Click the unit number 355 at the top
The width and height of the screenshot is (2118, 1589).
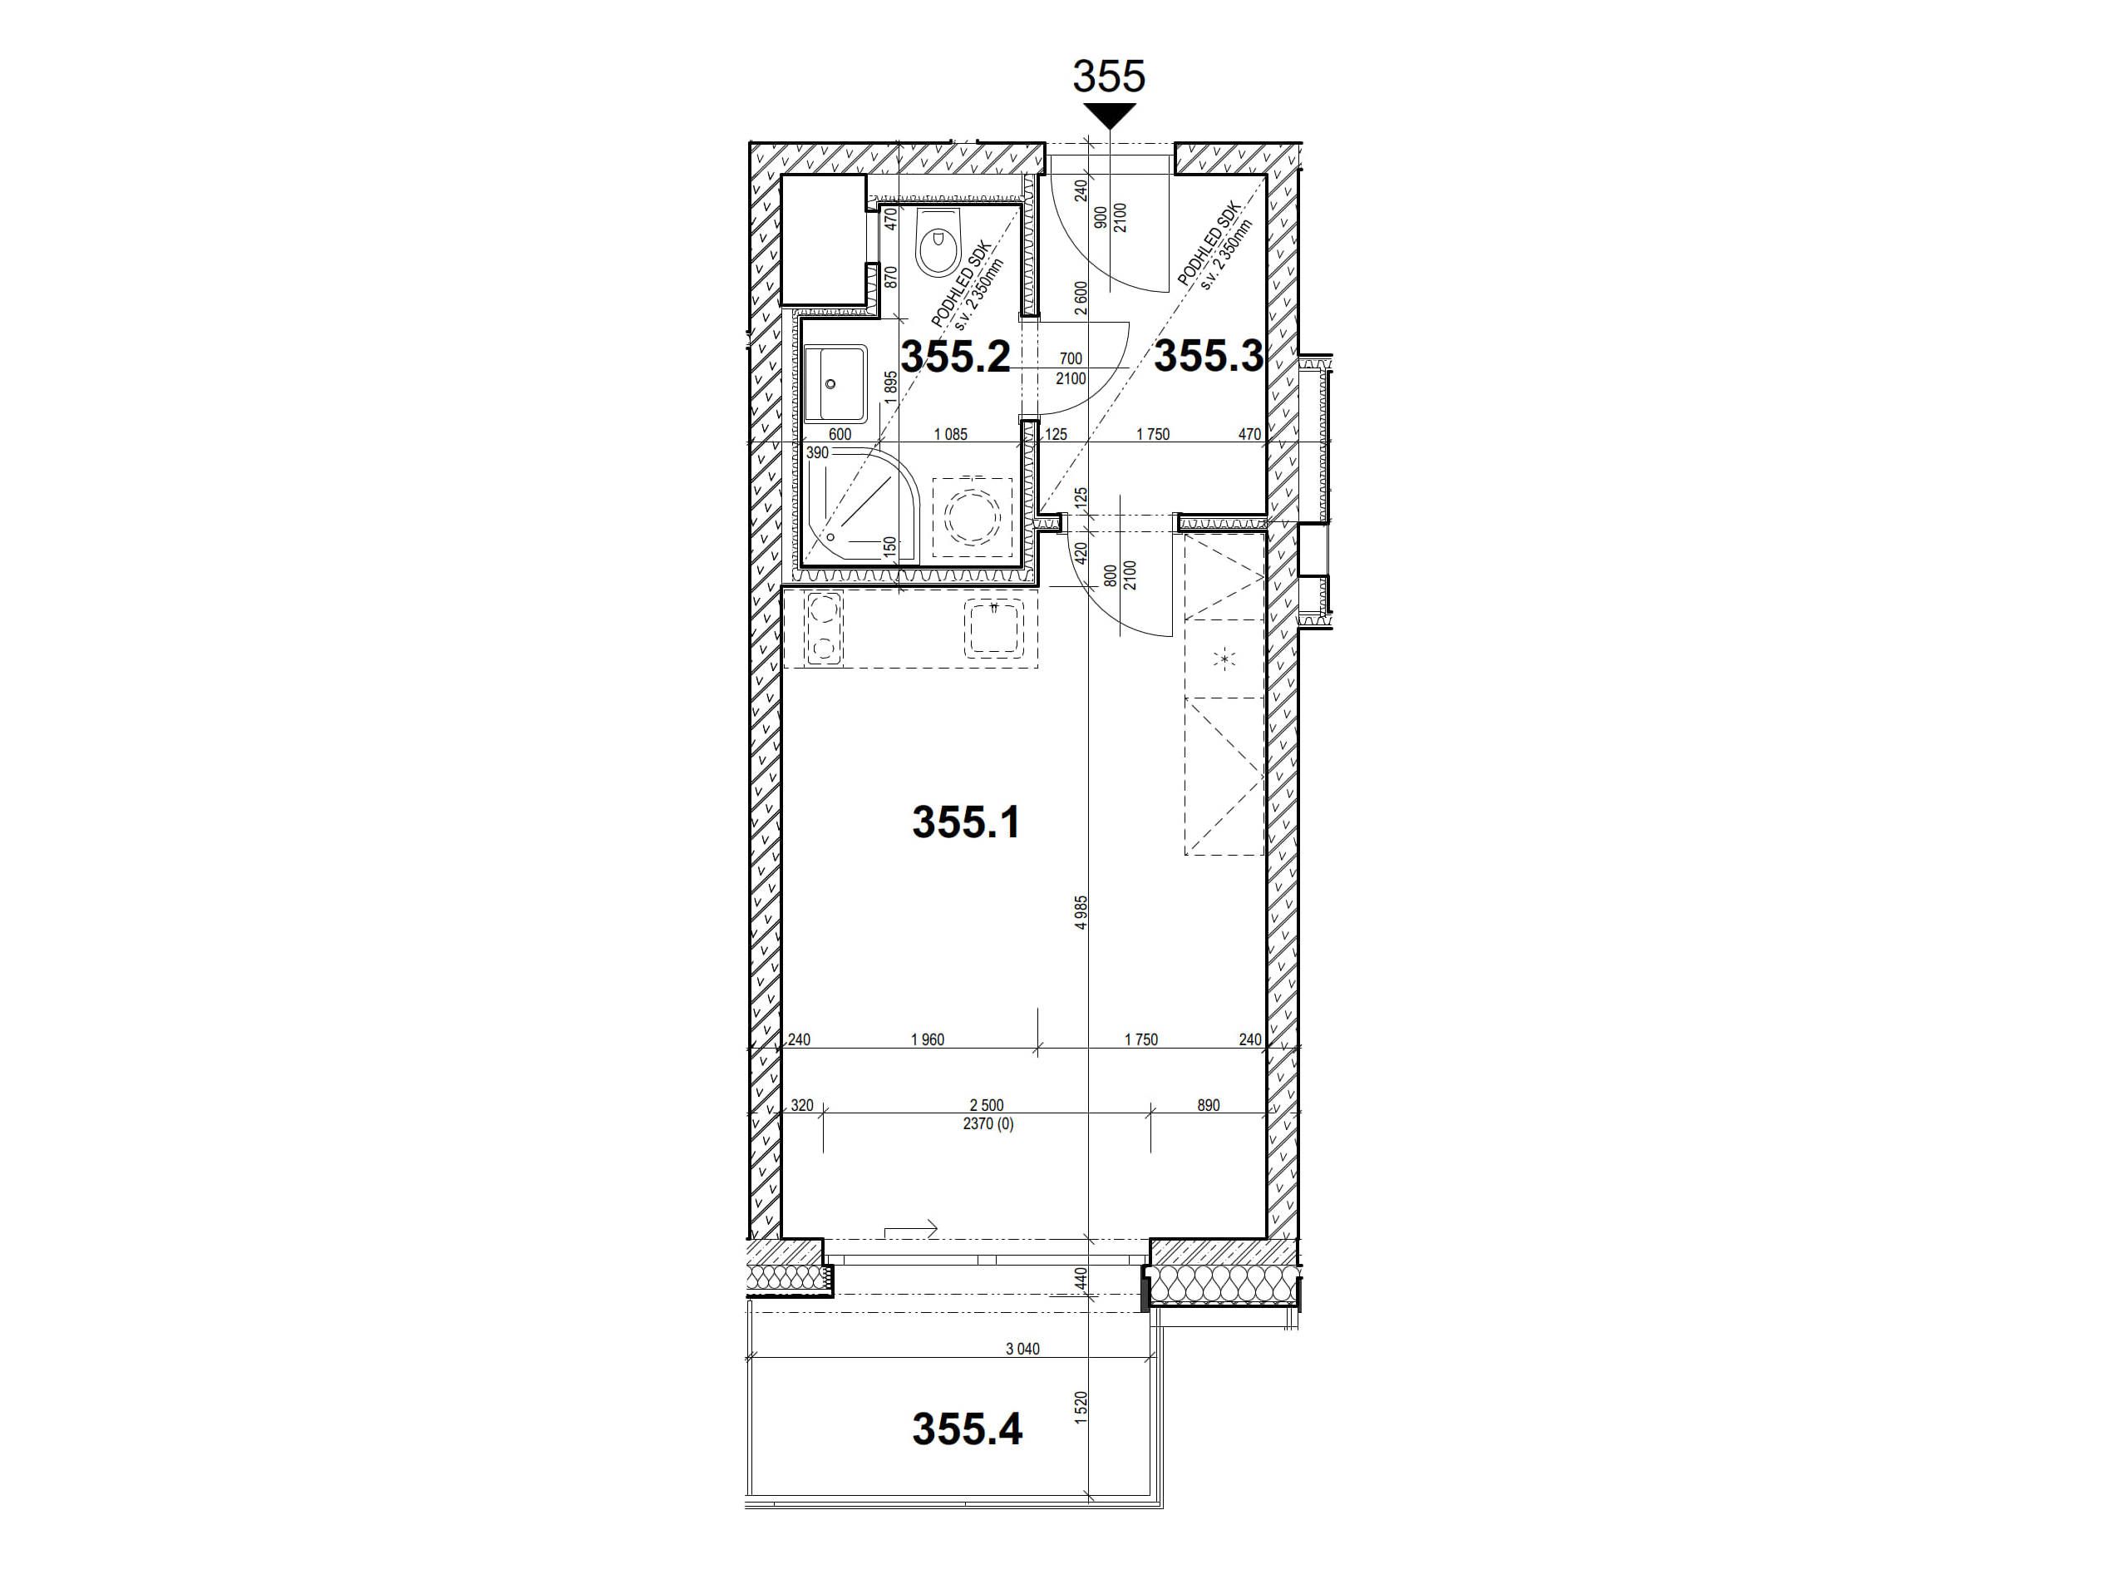click(1109, 76)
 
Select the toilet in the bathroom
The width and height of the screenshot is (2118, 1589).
click(938, 244)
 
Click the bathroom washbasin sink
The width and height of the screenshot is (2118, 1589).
click(834, 384)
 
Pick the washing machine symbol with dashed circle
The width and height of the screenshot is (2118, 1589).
click(973, 517)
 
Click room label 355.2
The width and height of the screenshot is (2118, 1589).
click(957, 358)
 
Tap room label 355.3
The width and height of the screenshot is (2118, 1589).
click(1208, 358)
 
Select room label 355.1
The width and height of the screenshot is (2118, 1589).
click(965, 822)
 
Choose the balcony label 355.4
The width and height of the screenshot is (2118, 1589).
click(967, 1429)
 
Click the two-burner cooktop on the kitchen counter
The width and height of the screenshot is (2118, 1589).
click(824, 629)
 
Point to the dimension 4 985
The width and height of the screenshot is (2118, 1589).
click(1081, 913)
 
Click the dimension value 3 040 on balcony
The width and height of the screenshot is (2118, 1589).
click(1022, 1350)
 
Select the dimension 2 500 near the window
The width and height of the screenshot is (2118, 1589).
click(986, 1105)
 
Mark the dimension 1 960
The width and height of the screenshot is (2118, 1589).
click(927, 1039)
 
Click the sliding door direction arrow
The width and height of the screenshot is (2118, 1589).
click(910, 1230)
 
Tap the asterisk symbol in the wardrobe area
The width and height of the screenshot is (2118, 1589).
click(1225, 659)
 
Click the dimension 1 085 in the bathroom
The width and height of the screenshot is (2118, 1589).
click(950, 434)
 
